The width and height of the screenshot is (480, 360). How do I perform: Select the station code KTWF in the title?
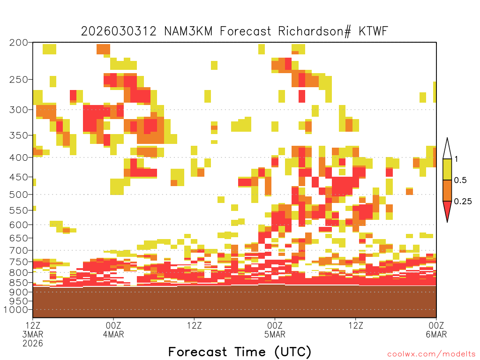[x=373, y=31]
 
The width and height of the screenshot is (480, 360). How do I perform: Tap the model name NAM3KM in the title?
[x=188, y=31]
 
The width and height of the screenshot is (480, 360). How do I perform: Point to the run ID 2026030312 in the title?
[x=119, y=31]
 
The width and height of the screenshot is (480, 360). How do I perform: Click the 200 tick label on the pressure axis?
[x=18, y=43]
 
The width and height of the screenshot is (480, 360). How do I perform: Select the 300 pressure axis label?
[x=18, y=110]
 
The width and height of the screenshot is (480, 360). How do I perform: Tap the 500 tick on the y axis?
[x=18, y=195]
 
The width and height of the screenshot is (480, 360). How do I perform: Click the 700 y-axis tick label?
[x=18, y=250]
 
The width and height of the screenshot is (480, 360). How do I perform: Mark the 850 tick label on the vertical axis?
[x=18, y=283]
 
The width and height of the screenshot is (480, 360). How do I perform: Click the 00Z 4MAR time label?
[x=113, y=330]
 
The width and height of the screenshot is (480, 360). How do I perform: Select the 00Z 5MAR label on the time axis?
[x=275, y=330]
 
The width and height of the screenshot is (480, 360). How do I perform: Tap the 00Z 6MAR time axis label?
[x=436, y=330]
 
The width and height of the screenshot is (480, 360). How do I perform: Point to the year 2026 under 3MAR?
[x=33, y=344]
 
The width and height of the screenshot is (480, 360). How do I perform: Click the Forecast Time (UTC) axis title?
[x=240, y=352]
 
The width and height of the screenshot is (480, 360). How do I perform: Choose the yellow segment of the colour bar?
[x=447, y=169]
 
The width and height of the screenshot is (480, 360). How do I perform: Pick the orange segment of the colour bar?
[x=447, y=190]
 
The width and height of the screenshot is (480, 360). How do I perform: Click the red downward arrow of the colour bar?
[x=447, y=210]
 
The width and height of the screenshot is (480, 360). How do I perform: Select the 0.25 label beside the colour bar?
[x=463, y=202]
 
